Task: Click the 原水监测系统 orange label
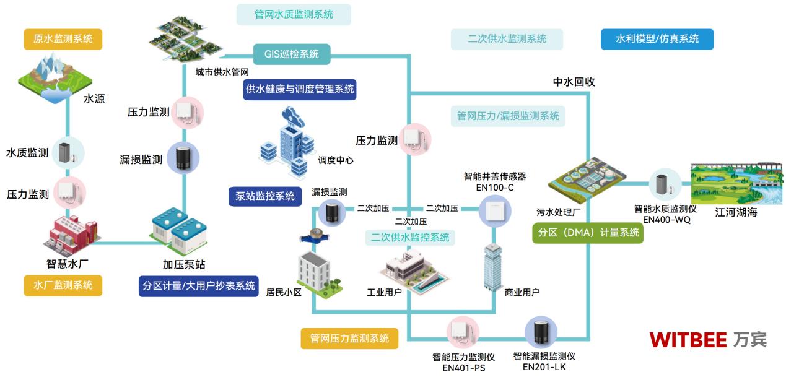click(63, 39)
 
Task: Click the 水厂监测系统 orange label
click(63, 285)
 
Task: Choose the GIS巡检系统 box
click(292, 54)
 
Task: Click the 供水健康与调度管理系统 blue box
click(300, 89)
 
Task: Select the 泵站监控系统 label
click(265, 196)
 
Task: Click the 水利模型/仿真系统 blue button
click(657, 39)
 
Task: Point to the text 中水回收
click(574, 82)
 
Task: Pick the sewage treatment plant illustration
click(583, 180)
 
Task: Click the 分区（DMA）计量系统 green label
click(588, 233)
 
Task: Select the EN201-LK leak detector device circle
click(542, 333)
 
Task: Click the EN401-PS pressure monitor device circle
click(463, 333)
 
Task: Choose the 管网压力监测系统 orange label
click(349, 339)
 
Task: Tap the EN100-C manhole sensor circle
click(495, 210)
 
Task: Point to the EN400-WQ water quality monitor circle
click(665, 184)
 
